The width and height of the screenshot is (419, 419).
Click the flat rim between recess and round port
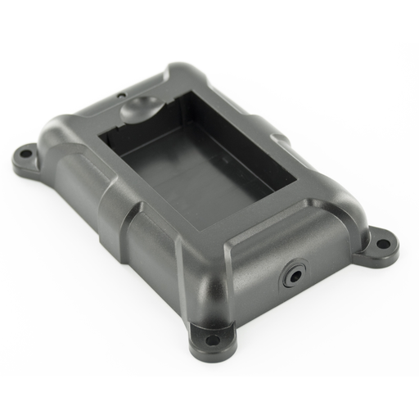click(270, 229)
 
